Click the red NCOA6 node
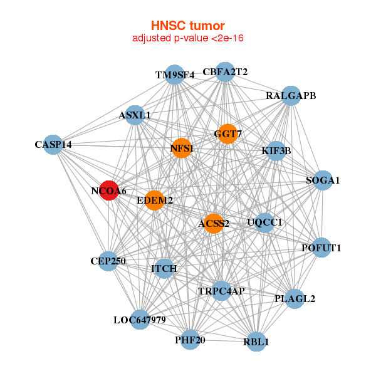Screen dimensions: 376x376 click(x=109, y=191)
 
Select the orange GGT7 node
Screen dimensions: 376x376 click(x=227, y=134)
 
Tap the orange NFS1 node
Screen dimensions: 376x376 click(x=182, y=149)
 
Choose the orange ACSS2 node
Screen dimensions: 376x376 click(x=214, y=224)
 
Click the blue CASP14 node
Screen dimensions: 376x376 click(x=53, y=145)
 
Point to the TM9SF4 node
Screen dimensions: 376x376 click(x=175, y=75)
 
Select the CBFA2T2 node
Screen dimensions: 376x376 click(x=225, y=72)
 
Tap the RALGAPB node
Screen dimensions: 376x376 click(x=291, y=96)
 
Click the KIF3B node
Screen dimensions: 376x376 click(x=276, y=151)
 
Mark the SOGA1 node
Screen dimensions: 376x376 click(x=322, y=180)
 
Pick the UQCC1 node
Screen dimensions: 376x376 click(x=264, y=222)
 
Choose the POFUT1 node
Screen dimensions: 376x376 click(x=321, y=248)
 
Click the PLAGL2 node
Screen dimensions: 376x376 click(x=295, y=298)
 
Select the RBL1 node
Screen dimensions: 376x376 click(x=256, y=342)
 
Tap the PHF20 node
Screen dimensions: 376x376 click(x=190, y=340)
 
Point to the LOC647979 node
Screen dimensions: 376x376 click(x=140, y=320)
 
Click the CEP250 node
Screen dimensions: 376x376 click(x=108, y=261)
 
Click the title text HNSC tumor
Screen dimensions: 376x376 click(x=187, y=26)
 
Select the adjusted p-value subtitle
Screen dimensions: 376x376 click(x=187, y=38)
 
